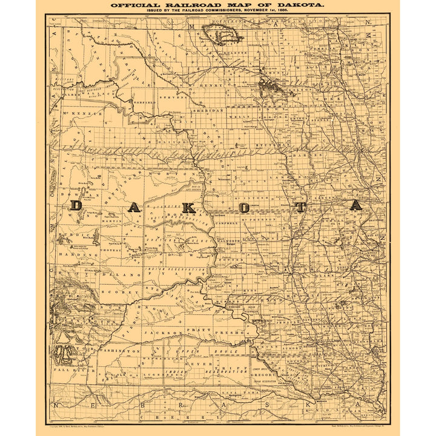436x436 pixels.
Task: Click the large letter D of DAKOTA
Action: (77, 205)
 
